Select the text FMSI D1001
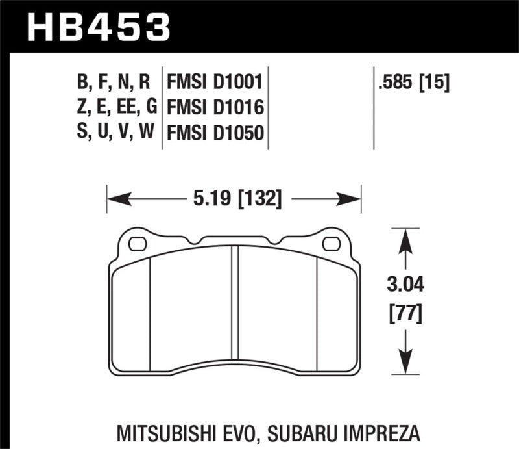point(214,83)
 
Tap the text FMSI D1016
point(214,108)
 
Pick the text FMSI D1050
point(214,133)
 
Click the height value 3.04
point(405,285)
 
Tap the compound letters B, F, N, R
point(113,83)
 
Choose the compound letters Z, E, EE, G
point(113,108)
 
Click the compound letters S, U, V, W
point(113,133)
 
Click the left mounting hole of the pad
point(137,244)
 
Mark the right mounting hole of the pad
point(331,244)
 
